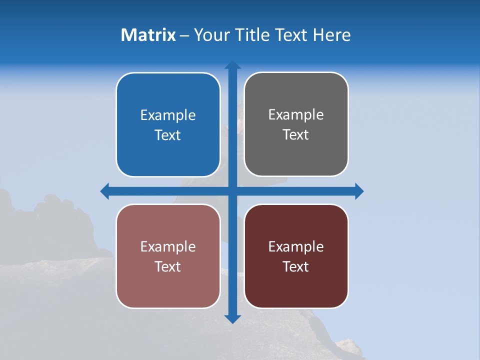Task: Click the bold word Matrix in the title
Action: pos(148,35)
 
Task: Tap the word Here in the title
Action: pos(332,35)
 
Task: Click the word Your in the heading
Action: pos(211,35)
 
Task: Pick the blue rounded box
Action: pos(168,150)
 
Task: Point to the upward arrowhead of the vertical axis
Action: pos(232,64)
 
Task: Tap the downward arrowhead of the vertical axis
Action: pos(232,319)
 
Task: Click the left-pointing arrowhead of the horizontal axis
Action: pos(104,191)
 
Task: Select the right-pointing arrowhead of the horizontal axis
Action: pos(359,191)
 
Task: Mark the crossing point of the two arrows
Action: pos(232,191)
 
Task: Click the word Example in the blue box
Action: pos(168,115)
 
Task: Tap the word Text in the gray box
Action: pos(296,135)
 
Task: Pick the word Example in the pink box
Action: pos(168,247)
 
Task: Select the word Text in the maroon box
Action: pos(296,267)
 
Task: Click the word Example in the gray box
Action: pos(296,115)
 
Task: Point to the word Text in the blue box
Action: pos(168,135)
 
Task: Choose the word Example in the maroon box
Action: pos(296,247)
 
